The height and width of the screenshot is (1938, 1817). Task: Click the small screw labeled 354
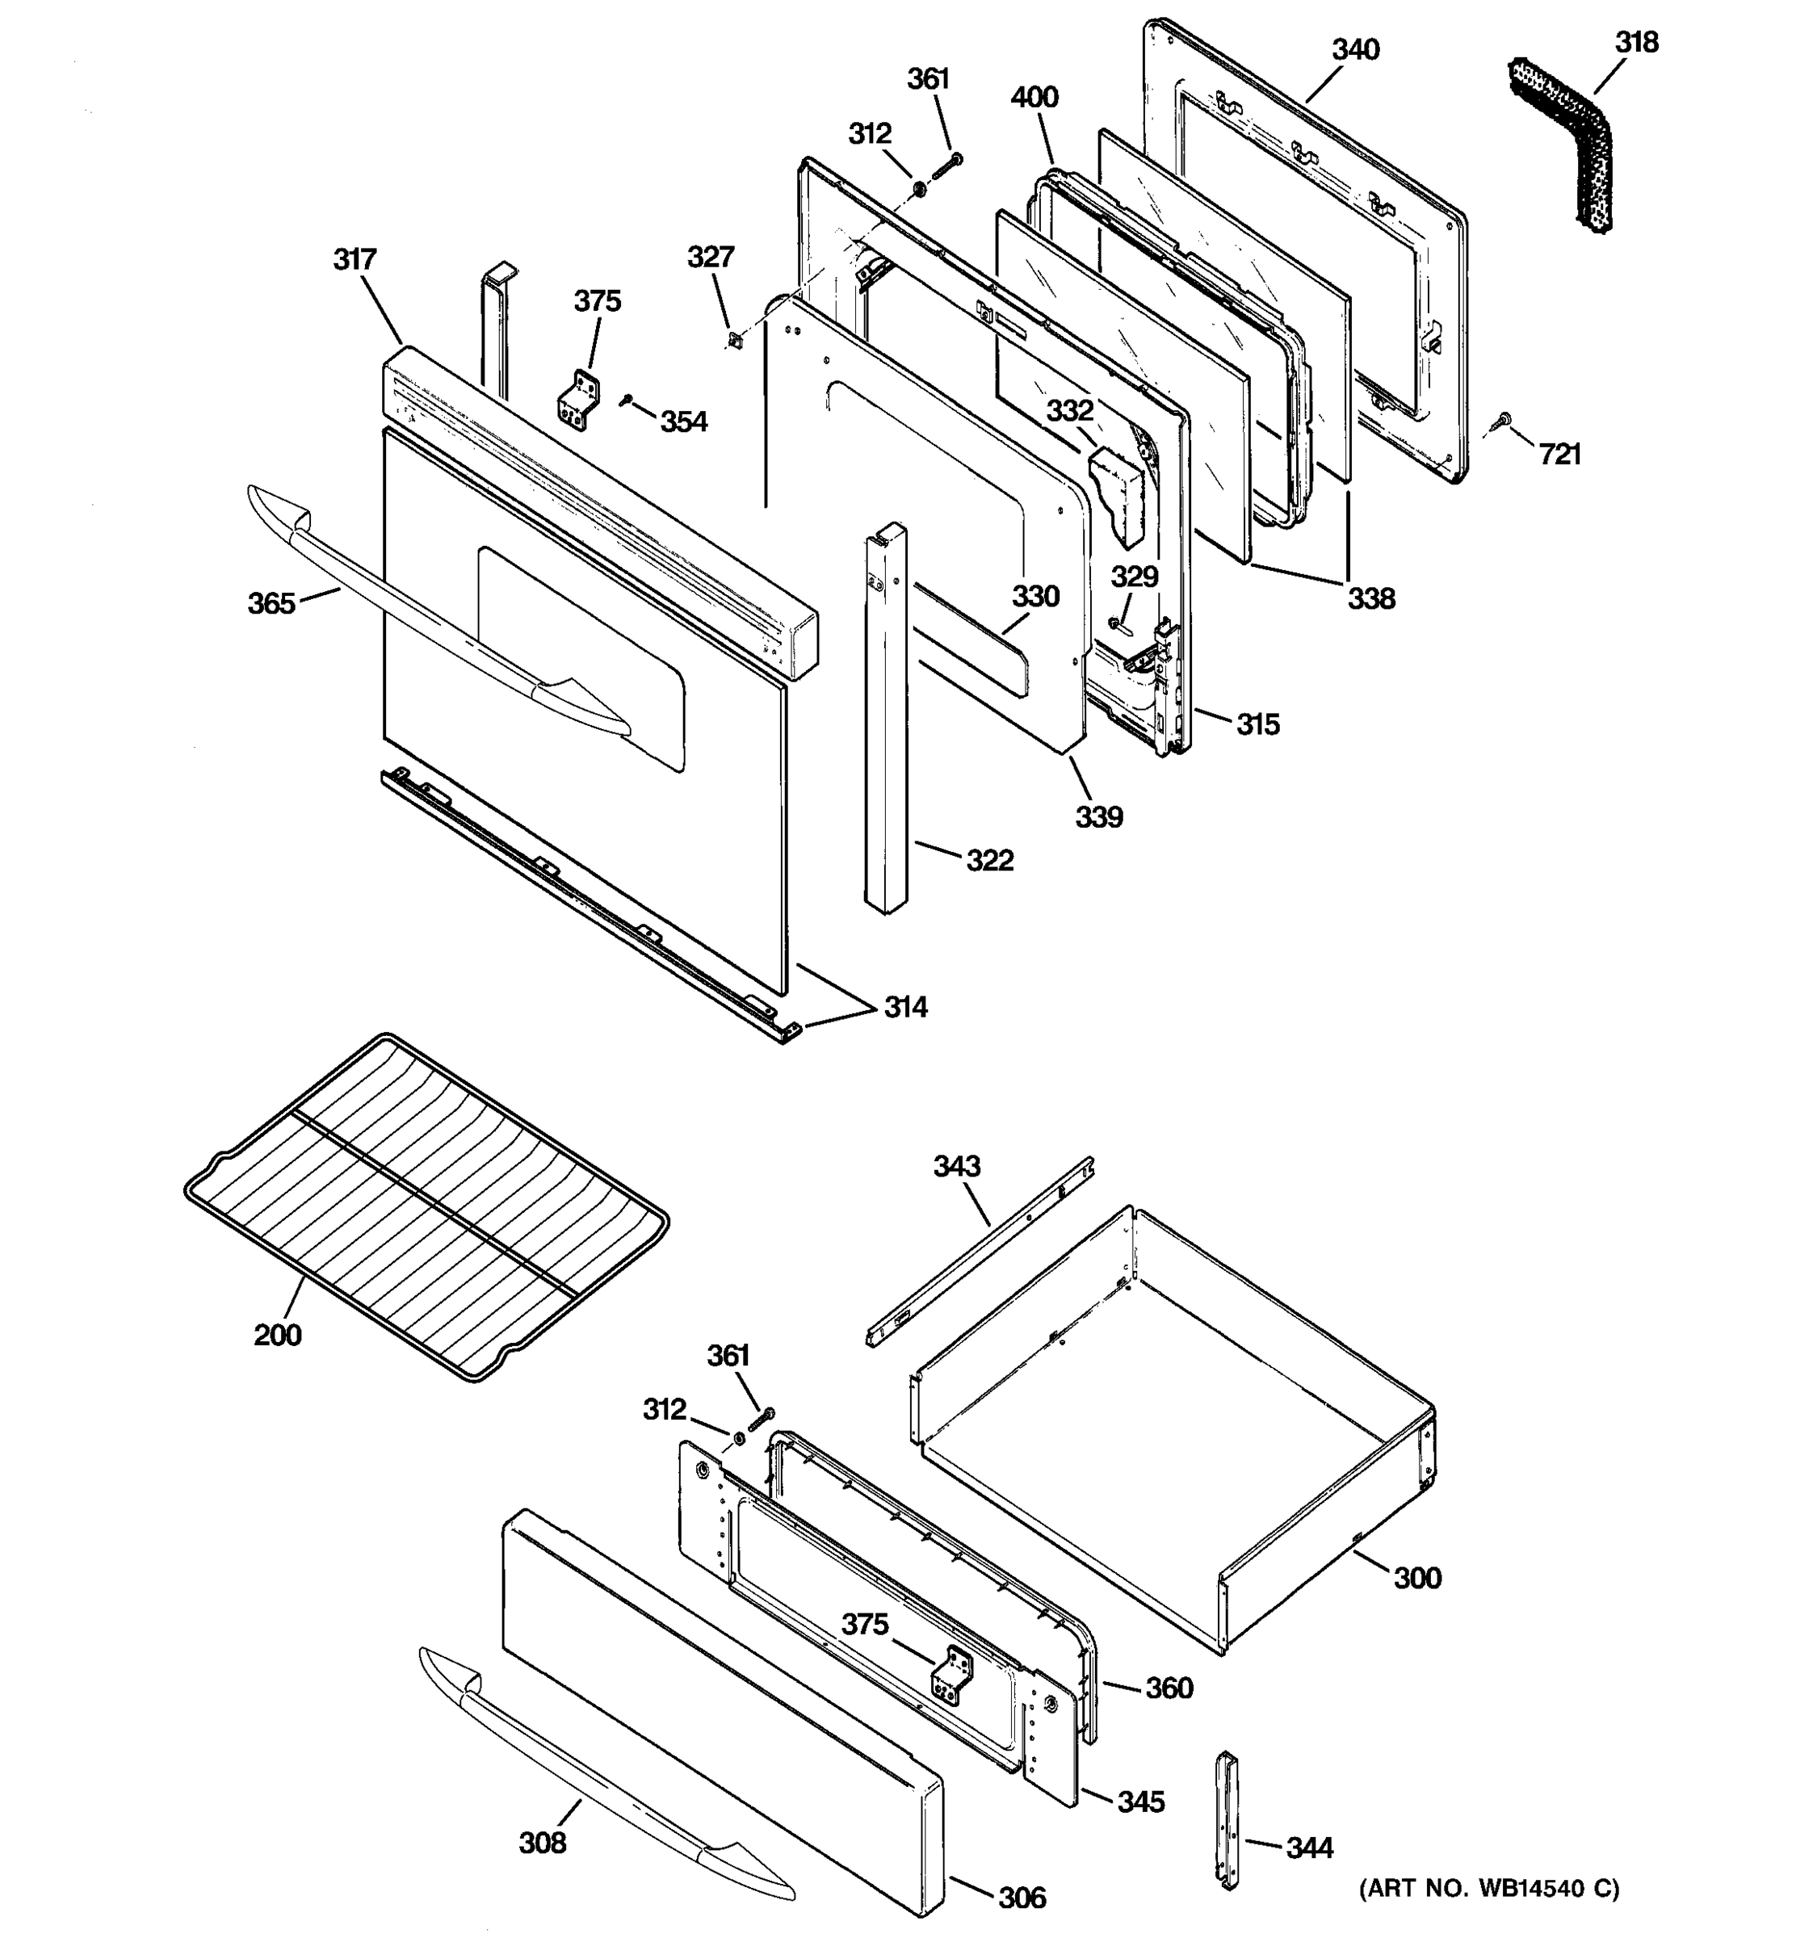626,399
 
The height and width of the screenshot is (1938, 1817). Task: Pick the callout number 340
1355,50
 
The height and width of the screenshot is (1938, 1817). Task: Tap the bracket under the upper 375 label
578,400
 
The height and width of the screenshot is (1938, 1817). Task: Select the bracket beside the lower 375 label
951,1674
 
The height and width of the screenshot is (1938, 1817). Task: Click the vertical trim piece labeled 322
885,721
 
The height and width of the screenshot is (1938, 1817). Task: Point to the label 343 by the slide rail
956,1166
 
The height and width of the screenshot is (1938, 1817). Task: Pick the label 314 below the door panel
904,1007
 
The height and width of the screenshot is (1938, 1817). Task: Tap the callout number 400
1034,98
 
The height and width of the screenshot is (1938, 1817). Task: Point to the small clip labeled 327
736,339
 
